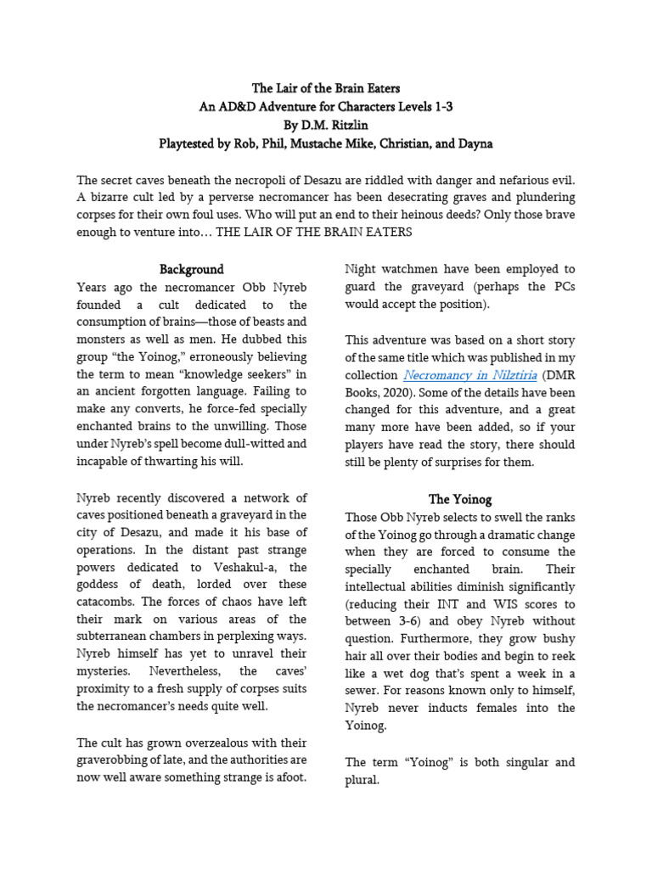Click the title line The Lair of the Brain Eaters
pyautogui.click(x=326, y=88)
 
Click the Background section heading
pyautogui.click(x=192, y=270)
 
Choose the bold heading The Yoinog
pyautogui.click(x=460, y=499)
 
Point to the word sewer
pyautogui.click(x=362, y=690)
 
